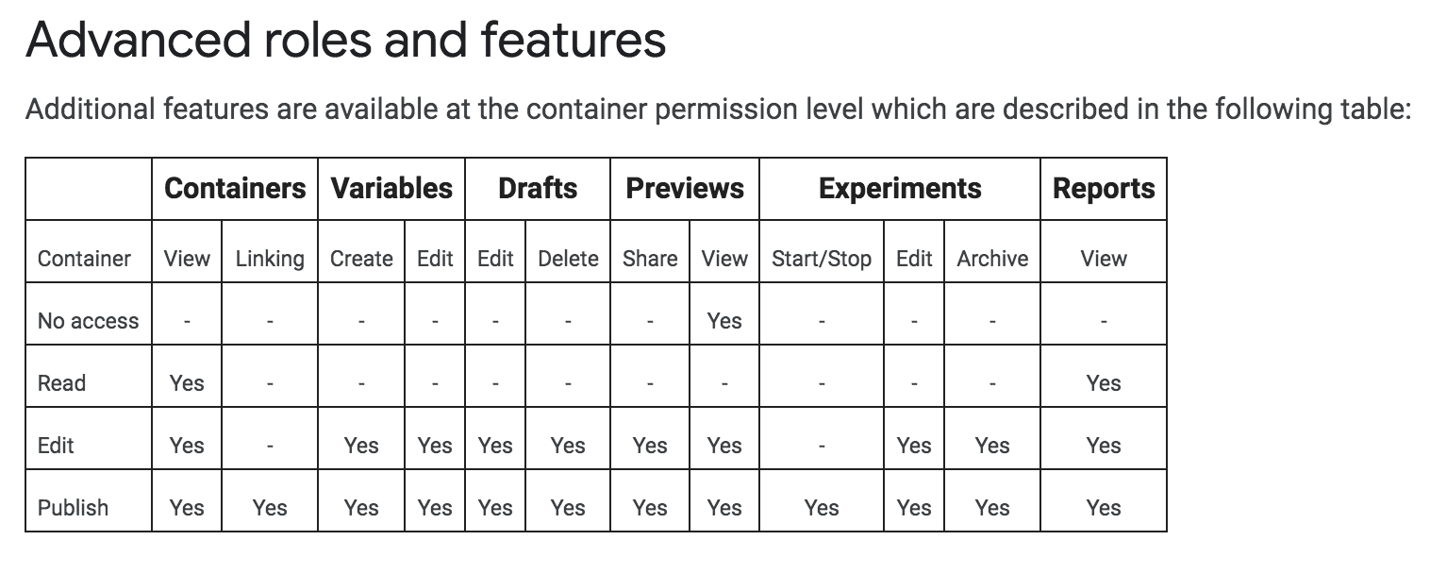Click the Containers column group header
(x=235, y=189)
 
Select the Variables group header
(x=391, y=189)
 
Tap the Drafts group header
(x=538, y=189)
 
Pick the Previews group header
(x=685, y=189)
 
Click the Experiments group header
(x=900, y=189)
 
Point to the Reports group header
(x=1104, y=189)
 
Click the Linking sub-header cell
(x=270, y=259)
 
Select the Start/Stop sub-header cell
(x=822, y=259)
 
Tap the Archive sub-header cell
(x=992, y=259)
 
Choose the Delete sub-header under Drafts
(x=568, y=259)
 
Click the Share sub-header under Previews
(x=650, y=259)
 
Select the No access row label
(x=88, y=321)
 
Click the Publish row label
(x=73, y=508)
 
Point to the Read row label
(x=61, y=383)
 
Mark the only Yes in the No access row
(x=724, y=321)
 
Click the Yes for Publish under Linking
(x=270, y=508)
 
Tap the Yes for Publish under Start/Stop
(x=822, y=508)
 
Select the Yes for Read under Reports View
(x=1104, y=383)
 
